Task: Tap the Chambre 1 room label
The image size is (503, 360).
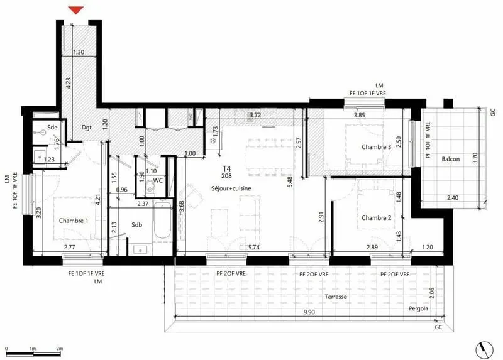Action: click(74, 221)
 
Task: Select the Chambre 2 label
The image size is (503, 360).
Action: click(376, 217)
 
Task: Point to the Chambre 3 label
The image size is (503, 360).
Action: click(376, 147)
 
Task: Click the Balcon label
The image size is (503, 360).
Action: click(450, 159)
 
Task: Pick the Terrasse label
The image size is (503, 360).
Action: click(336, 297)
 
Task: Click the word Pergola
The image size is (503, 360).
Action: click(418, 308)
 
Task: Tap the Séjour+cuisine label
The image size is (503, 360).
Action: click(231, 188)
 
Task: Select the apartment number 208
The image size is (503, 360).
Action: click(226, 176)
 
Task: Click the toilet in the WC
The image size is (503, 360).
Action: click(150, 186)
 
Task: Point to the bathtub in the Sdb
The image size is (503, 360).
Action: click(162, 220)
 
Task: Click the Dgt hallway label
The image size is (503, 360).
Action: click(87, 128)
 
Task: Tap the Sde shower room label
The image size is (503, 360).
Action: click(52, 128)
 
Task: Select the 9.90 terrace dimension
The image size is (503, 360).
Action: click(309, 312)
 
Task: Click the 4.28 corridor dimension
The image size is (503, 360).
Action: click(68, 84)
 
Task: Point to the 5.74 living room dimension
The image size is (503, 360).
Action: click(254, 247)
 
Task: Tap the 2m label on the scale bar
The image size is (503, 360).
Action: click(60, 349)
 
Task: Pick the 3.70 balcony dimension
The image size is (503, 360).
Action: click(475, 158)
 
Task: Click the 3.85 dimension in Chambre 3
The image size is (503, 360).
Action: click(359, 116)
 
